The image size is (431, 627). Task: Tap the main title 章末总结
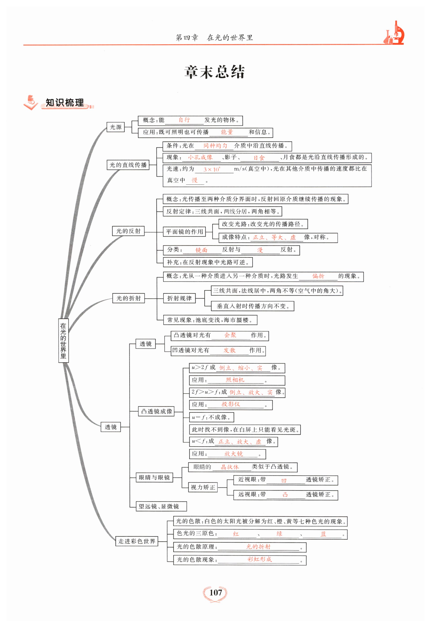click(215, 72)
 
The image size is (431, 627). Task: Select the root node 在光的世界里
click(63, 340)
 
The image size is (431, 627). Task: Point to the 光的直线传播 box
click(128, 165)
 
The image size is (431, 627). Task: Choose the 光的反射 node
click(128, 231)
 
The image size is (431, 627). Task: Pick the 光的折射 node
click(129, 298)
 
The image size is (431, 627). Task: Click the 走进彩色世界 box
click(137, 541)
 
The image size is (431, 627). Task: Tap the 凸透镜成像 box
click(156, 411)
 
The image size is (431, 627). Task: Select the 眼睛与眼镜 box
click(154, 477)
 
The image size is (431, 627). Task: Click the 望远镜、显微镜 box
click(161, 506)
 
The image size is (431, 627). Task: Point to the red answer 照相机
click(235, 380)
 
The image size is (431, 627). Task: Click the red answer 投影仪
click(231, 404)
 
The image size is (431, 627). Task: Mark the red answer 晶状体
click(230, 467)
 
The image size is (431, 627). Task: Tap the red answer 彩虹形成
click(260, 559)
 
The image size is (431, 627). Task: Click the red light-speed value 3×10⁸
click(212, 169)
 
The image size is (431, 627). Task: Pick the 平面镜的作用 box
click(184, 231)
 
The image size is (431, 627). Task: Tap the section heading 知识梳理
click(65, 103)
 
